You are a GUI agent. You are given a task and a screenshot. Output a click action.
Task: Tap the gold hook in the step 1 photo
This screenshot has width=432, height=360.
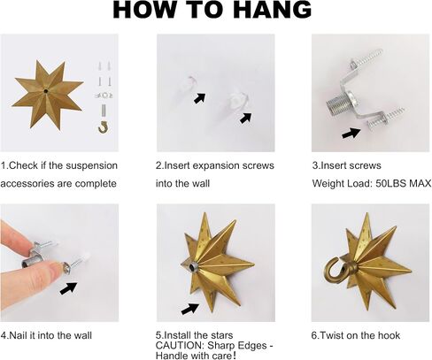pyautogui.click(x=104, y=126)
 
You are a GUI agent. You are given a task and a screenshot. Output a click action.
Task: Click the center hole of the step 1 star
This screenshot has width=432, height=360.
pyautogui.click(x=46, y=91)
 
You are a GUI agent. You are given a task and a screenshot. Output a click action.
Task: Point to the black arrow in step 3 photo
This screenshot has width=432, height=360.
pyautogui.click(x=351, y=133)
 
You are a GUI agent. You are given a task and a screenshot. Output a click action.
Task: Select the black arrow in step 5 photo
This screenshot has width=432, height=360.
pyautogui.click(x=190, y=309)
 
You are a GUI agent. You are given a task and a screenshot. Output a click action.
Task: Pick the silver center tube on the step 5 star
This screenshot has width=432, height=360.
pyautogui.click(x=193, y=267)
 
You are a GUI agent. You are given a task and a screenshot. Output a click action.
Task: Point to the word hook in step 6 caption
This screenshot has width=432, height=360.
pyautogui.click(x=389, y=335)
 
